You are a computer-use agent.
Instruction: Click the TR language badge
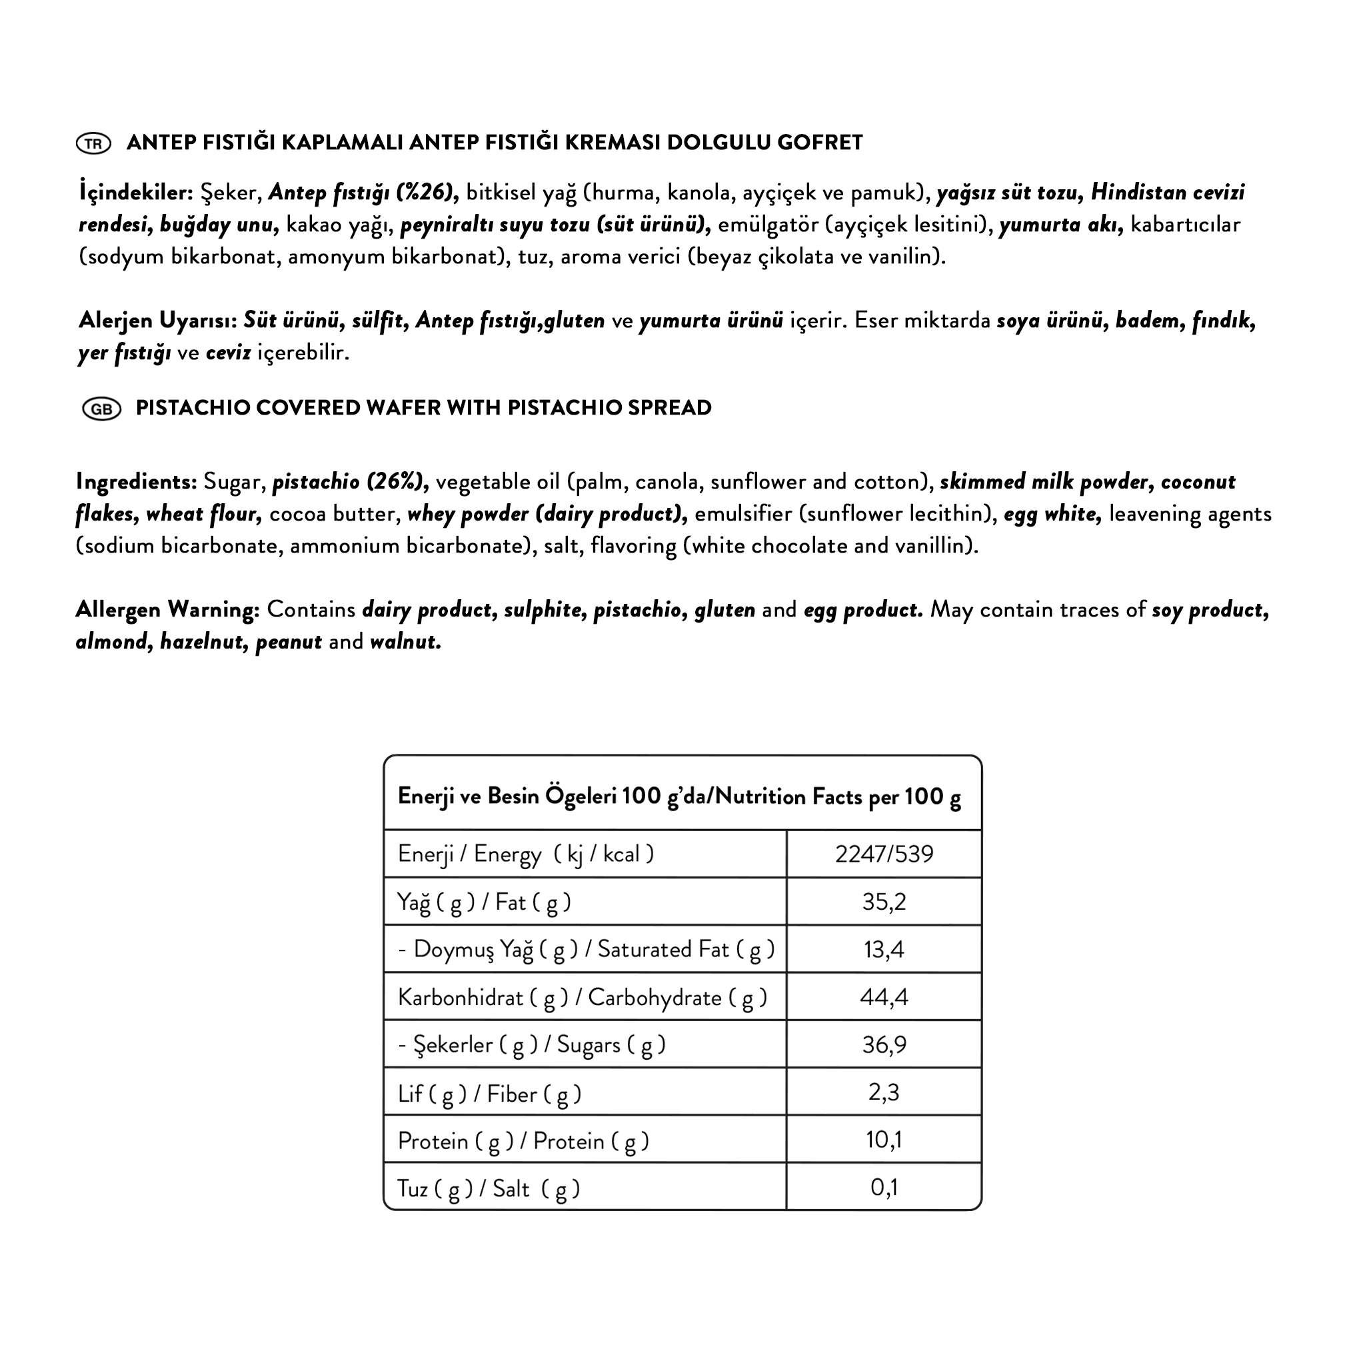coord(93,143)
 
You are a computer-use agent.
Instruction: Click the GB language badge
coord(102,409)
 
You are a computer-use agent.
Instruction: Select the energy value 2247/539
coord(884,854)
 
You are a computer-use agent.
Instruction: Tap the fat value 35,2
coord(884,902)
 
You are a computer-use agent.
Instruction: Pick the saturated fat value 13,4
coord(884,949)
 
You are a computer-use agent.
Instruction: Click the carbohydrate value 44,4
coord(884,997)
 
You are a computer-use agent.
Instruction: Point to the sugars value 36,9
coord(884,1044)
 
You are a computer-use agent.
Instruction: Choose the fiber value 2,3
coord(884,1092)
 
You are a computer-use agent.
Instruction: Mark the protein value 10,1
coord(884,1140)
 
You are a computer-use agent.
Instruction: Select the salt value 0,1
coord(884,1187)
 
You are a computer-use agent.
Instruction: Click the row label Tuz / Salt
coord(488,1188)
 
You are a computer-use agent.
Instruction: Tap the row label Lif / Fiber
coord(489,1094)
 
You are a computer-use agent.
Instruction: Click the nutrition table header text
coord(679,796)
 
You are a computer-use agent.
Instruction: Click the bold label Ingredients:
coord(137,482)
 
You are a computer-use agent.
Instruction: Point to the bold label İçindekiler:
coord(137,192)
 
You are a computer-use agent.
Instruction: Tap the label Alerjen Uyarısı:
coord(157,321)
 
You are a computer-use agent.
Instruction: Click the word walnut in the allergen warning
coord(405,642)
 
